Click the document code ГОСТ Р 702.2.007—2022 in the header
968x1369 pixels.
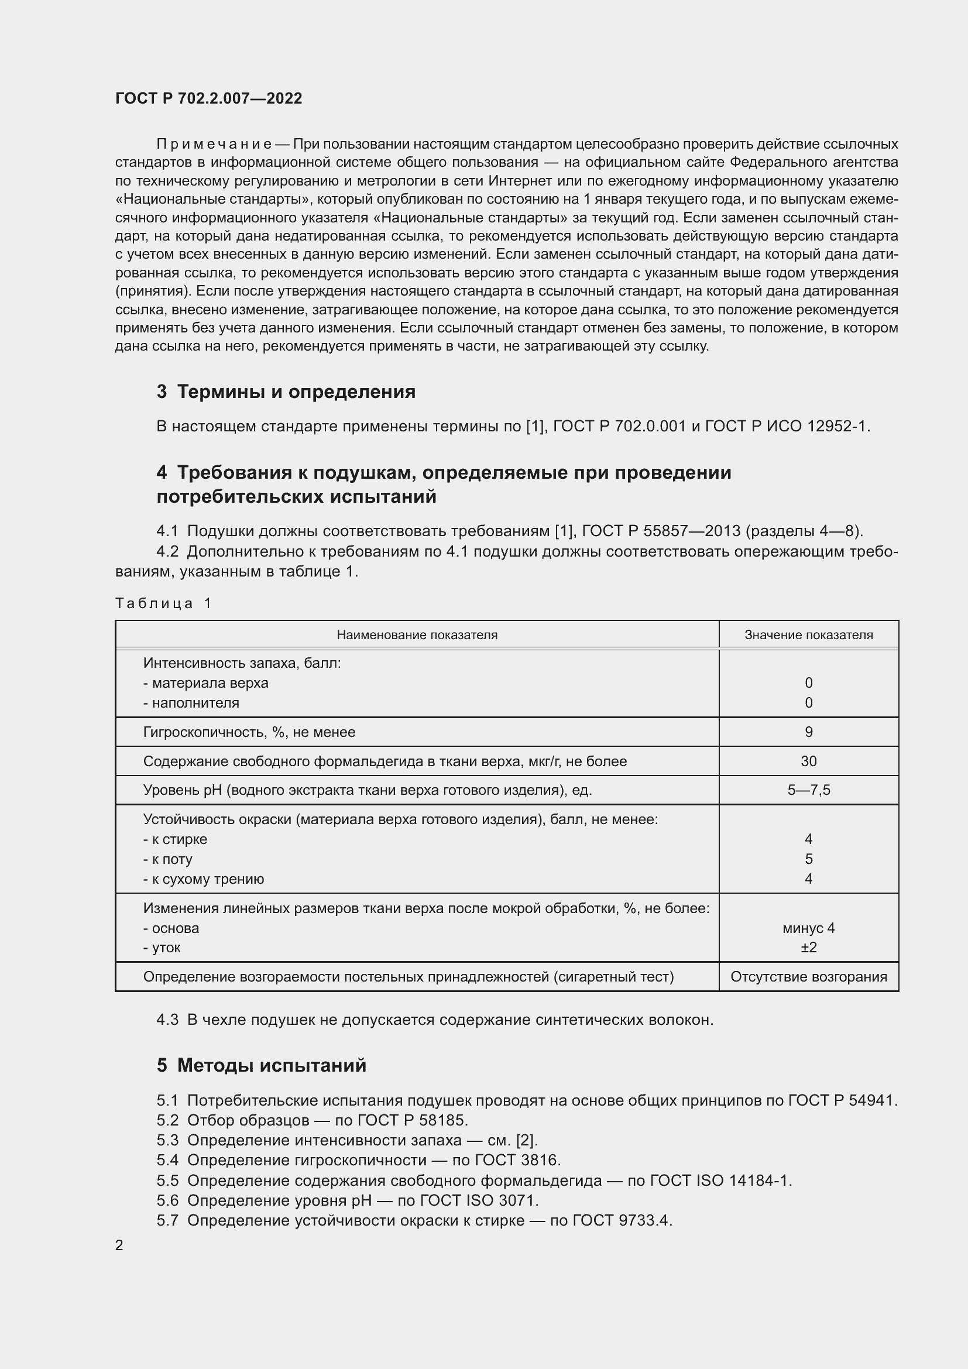pyautogui.click(x=208, y=98)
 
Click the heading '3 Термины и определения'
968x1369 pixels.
pyautogui.click(x=286, y=392)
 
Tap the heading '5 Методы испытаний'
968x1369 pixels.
pyautogui.click(x=262, y=1065)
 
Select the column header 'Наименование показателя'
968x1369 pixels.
pyautogui.click(x=417, y=635)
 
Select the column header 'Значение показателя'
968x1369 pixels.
pyautogui.click(x=808, y=635)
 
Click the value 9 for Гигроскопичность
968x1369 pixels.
pyautogui.click(x=808, y=732)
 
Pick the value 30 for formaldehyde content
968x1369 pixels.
pyautogui.click(x=808, y=761)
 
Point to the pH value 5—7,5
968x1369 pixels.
pyautogui.click(x=808, y=791)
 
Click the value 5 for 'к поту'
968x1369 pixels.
pyautogui.click(x=808, y=859)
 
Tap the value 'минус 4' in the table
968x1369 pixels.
pyautogui.click(x=808, y=928)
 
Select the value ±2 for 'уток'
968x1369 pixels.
pyautogui.click(x=808, y=948)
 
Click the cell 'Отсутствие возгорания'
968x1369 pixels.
pyautogui.click(x=808, y=977)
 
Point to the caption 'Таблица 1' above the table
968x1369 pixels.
pyautogui.click(x=163, y=603)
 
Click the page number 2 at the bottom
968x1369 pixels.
pyautogui.click(x=119, y=1246)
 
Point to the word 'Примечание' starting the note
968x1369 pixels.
pyautogui.click(x=214, y=145)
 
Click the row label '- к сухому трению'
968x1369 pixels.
pyautogui.click(x=203, y=879)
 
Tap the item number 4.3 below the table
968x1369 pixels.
pyautogui.click(x=167, y=1020)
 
